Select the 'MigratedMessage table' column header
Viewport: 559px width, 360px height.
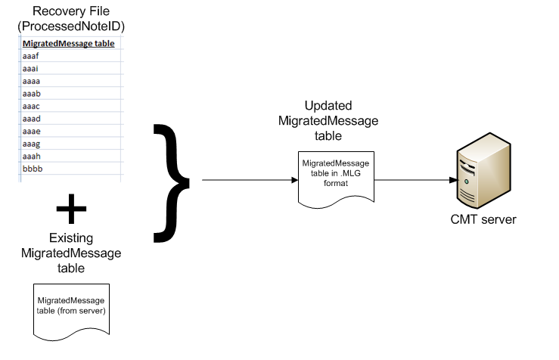69,44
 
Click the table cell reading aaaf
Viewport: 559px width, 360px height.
32,56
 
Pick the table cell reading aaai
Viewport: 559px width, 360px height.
31,68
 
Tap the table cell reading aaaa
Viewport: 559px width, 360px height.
32,81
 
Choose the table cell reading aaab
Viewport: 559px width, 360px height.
32,94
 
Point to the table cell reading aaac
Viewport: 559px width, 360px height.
32,106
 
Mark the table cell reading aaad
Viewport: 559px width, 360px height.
32,119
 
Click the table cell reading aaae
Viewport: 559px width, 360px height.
32,131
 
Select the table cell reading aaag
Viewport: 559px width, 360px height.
32,144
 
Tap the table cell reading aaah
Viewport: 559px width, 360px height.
32,156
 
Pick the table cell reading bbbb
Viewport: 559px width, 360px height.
33,169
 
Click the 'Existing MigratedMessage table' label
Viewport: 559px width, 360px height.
71,253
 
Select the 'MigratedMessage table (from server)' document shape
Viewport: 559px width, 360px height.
72,310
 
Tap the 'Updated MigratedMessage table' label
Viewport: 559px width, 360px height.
328,121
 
